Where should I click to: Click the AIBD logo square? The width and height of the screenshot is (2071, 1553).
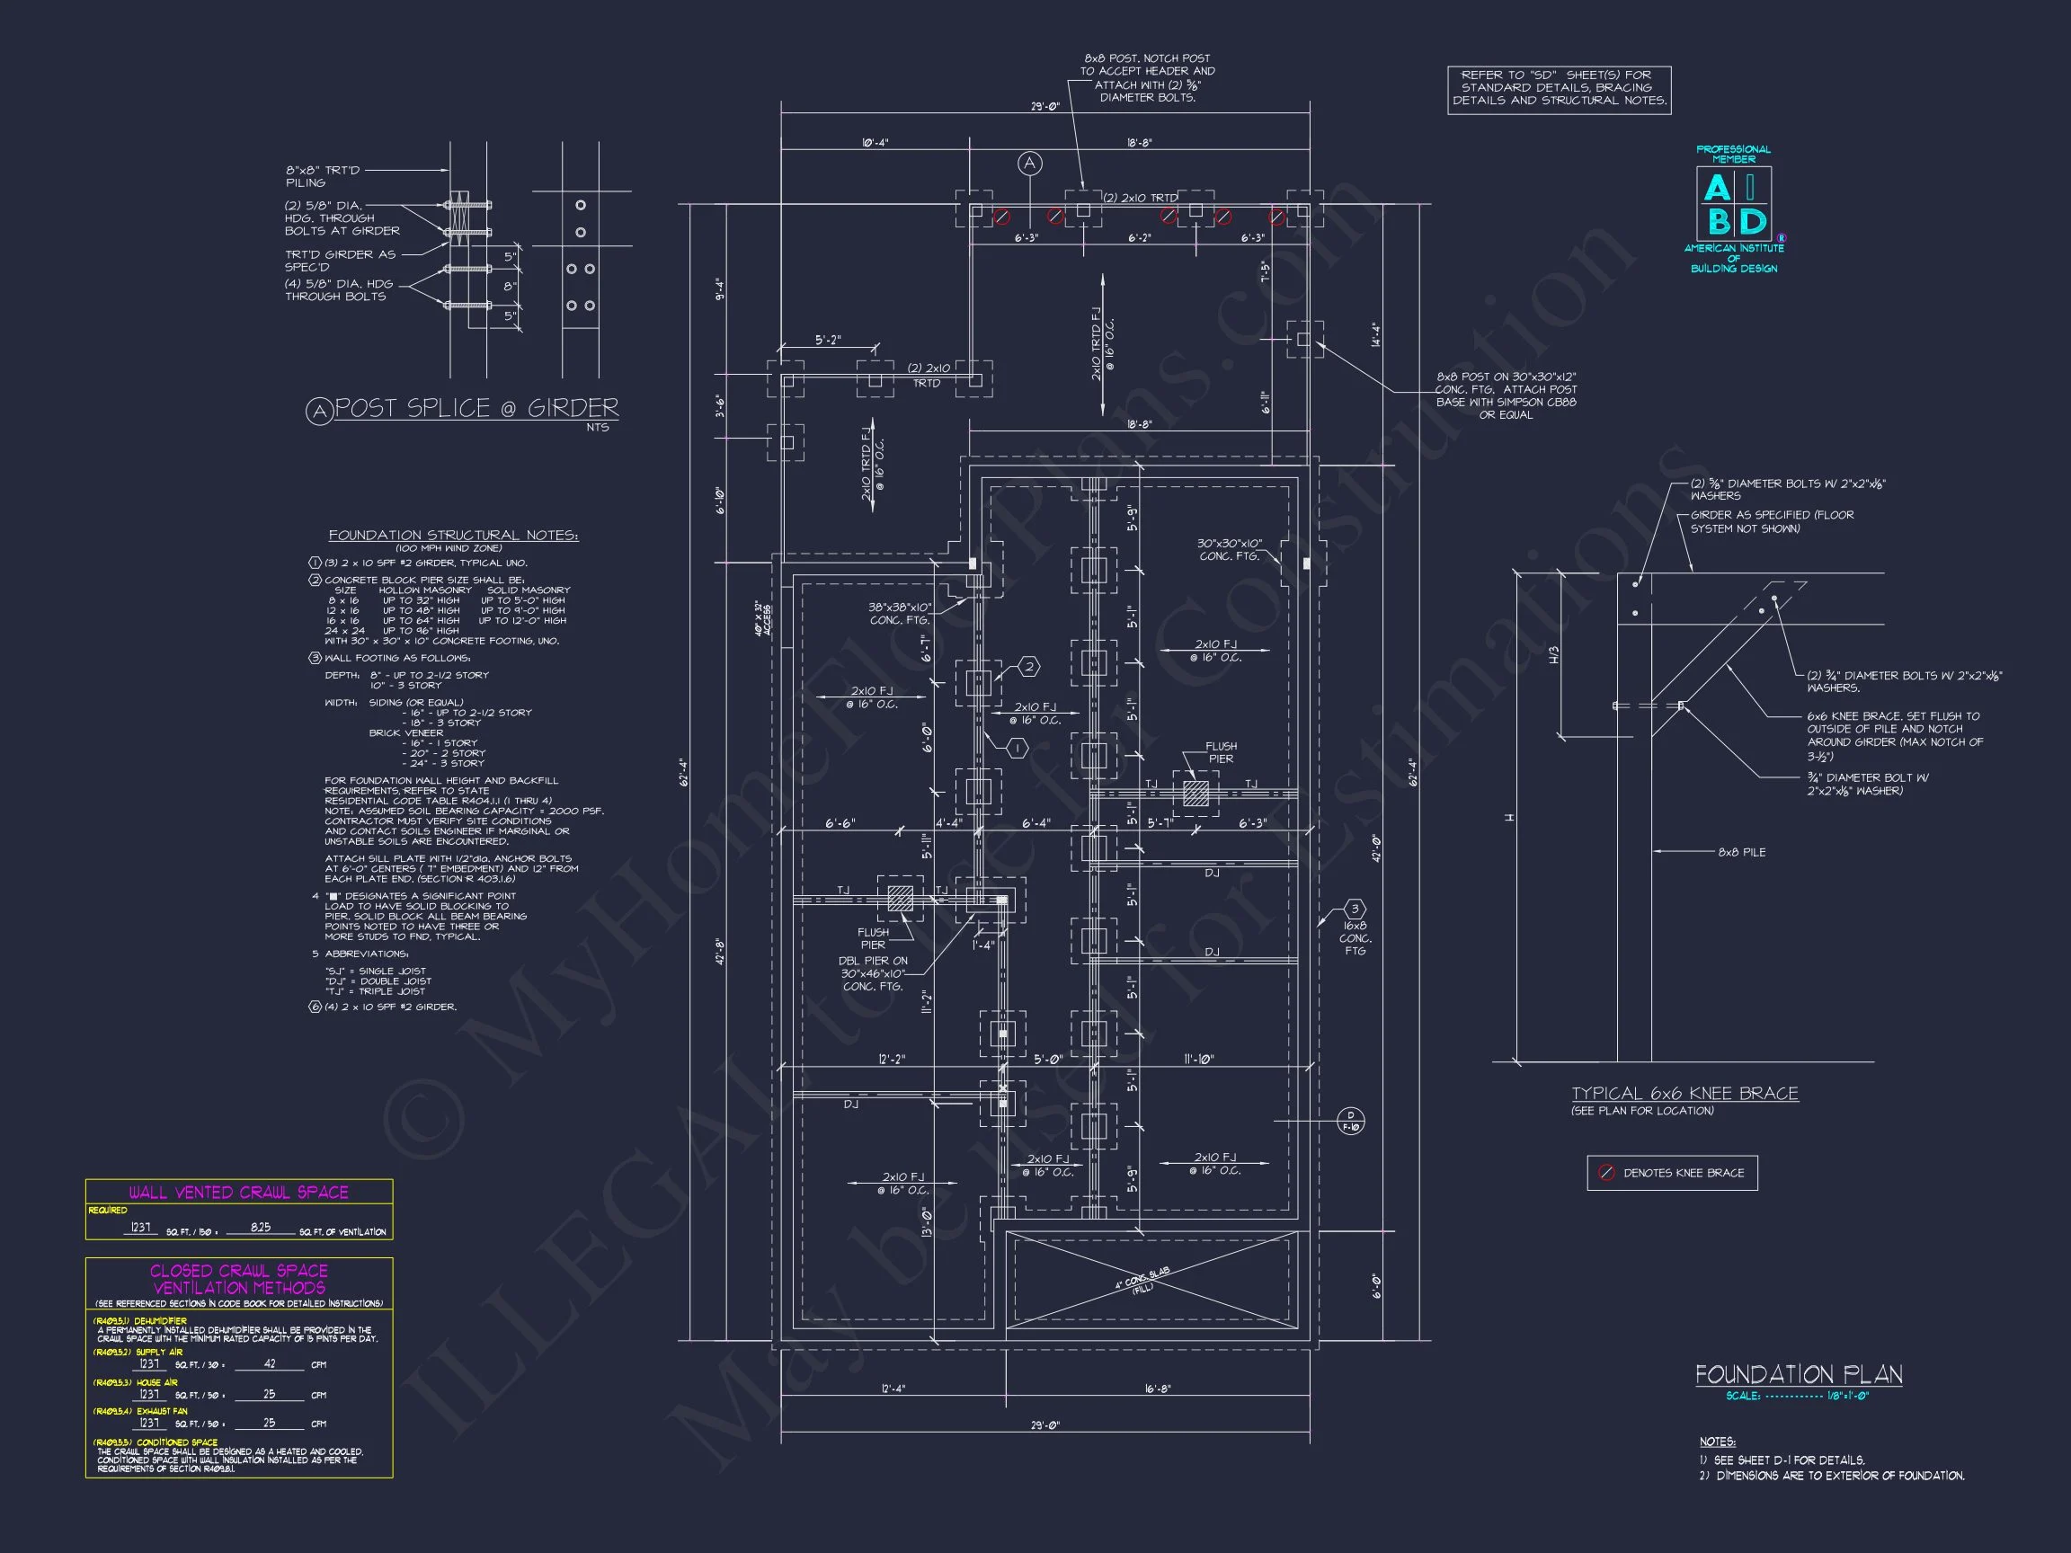coord(1733,204)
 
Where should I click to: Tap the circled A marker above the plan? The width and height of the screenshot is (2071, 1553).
coord(1030,164)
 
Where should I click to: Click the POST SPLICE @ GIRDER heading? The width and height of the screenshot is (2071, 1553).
coord(476,408)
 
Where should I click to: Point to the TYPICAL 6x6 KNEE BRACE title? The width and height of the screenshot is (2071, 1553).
coord(1684,1094)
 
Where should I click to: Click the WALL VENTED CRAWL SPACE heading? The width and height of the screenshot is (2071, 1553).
coord(239,1192)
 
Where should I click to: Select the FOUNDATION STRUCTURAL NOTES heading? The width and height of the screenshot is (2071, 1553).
coord(453,536)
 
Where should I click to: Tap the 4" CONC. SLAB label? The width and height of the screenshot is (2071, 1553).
coord(1142,1279)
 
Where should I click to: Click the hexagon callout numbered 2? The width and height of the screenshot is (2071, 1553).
coord(1029,667)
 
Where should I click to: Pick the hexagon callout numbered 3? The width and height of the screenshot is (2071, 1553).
coord(1354,909)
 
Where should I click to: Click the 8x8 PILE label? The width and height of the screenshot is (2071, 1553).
coord(1741,852)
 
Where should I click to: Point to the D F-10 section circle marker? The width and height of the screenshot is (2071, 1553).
coord(1350,1121)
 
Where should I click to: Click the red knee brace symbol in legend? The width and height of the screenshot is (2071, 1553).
coord(1606,1173)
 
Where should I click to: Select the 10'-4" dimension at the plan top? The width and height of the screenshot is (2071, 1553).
coord(875,143)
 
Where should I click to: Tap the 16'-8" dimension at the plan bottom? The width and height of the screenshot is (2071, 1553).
coord(1157,1389)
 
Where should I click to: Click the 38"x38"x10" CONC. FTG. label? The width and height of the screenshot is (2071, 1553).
coord(899,613)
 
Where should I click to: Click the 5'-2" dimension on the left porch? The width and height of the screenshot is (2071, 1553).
coord(828,341)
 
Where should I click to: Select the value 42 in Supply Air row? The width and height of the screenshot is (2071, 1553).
coord(270,1364)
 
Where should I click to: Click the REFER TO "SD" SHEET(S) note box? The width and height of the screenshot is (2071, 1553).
coord(1559,88)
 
